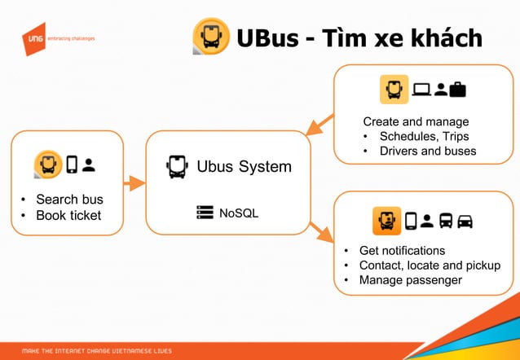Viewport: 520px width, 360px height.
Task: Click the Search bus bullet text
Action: (69, 200)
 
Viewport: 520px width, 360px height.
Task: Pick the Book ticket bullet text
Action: (68, 215)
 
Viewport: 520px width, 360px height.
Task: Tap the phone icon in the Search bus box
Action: (72, 164)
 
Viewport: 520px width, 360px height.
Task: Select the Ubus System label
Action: (244, 167)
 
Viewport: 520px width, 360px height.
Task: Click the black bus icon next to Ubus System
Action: (176, 167)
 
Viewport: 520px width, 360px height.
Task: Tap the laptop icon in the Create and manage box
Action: (421, 89)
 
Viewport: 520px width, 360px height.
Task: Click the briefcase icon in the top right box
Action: (457, 89)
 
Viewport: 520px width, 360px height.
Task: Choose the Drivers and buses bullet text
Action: (428, 151)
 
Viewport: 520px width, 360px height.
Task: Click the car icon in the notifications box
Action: (465, 220)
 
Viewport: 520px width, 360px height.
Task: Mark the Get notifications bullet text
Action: (402, 250)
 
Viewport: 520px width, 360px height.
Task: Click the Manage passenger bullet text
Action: (411, 280)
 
